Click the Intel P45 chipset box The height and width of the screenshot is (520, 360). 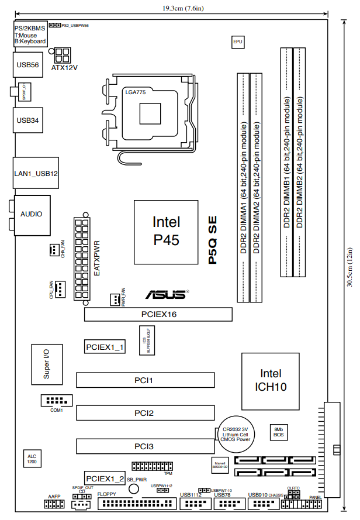(166, 232)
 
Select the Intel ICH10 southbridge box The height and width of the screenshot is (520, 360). (270, 380)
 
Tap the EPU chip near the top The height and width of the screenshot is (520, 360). (237, 42)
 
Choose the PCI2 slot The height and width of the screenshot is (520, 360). (144, 413)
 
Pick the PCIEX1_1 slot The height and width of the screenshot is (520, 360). (105, 347)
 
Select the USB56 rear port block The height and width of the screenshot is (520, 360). (27, 66)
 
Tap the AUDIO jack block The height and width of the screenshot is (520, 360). (31, 214)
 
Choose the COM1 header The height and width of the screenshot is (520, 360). (56, 401)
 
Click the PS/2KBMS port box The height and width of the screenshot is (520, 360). (29, 35)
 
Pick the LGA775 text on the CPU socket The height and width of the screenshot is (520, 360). (135, 92)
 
